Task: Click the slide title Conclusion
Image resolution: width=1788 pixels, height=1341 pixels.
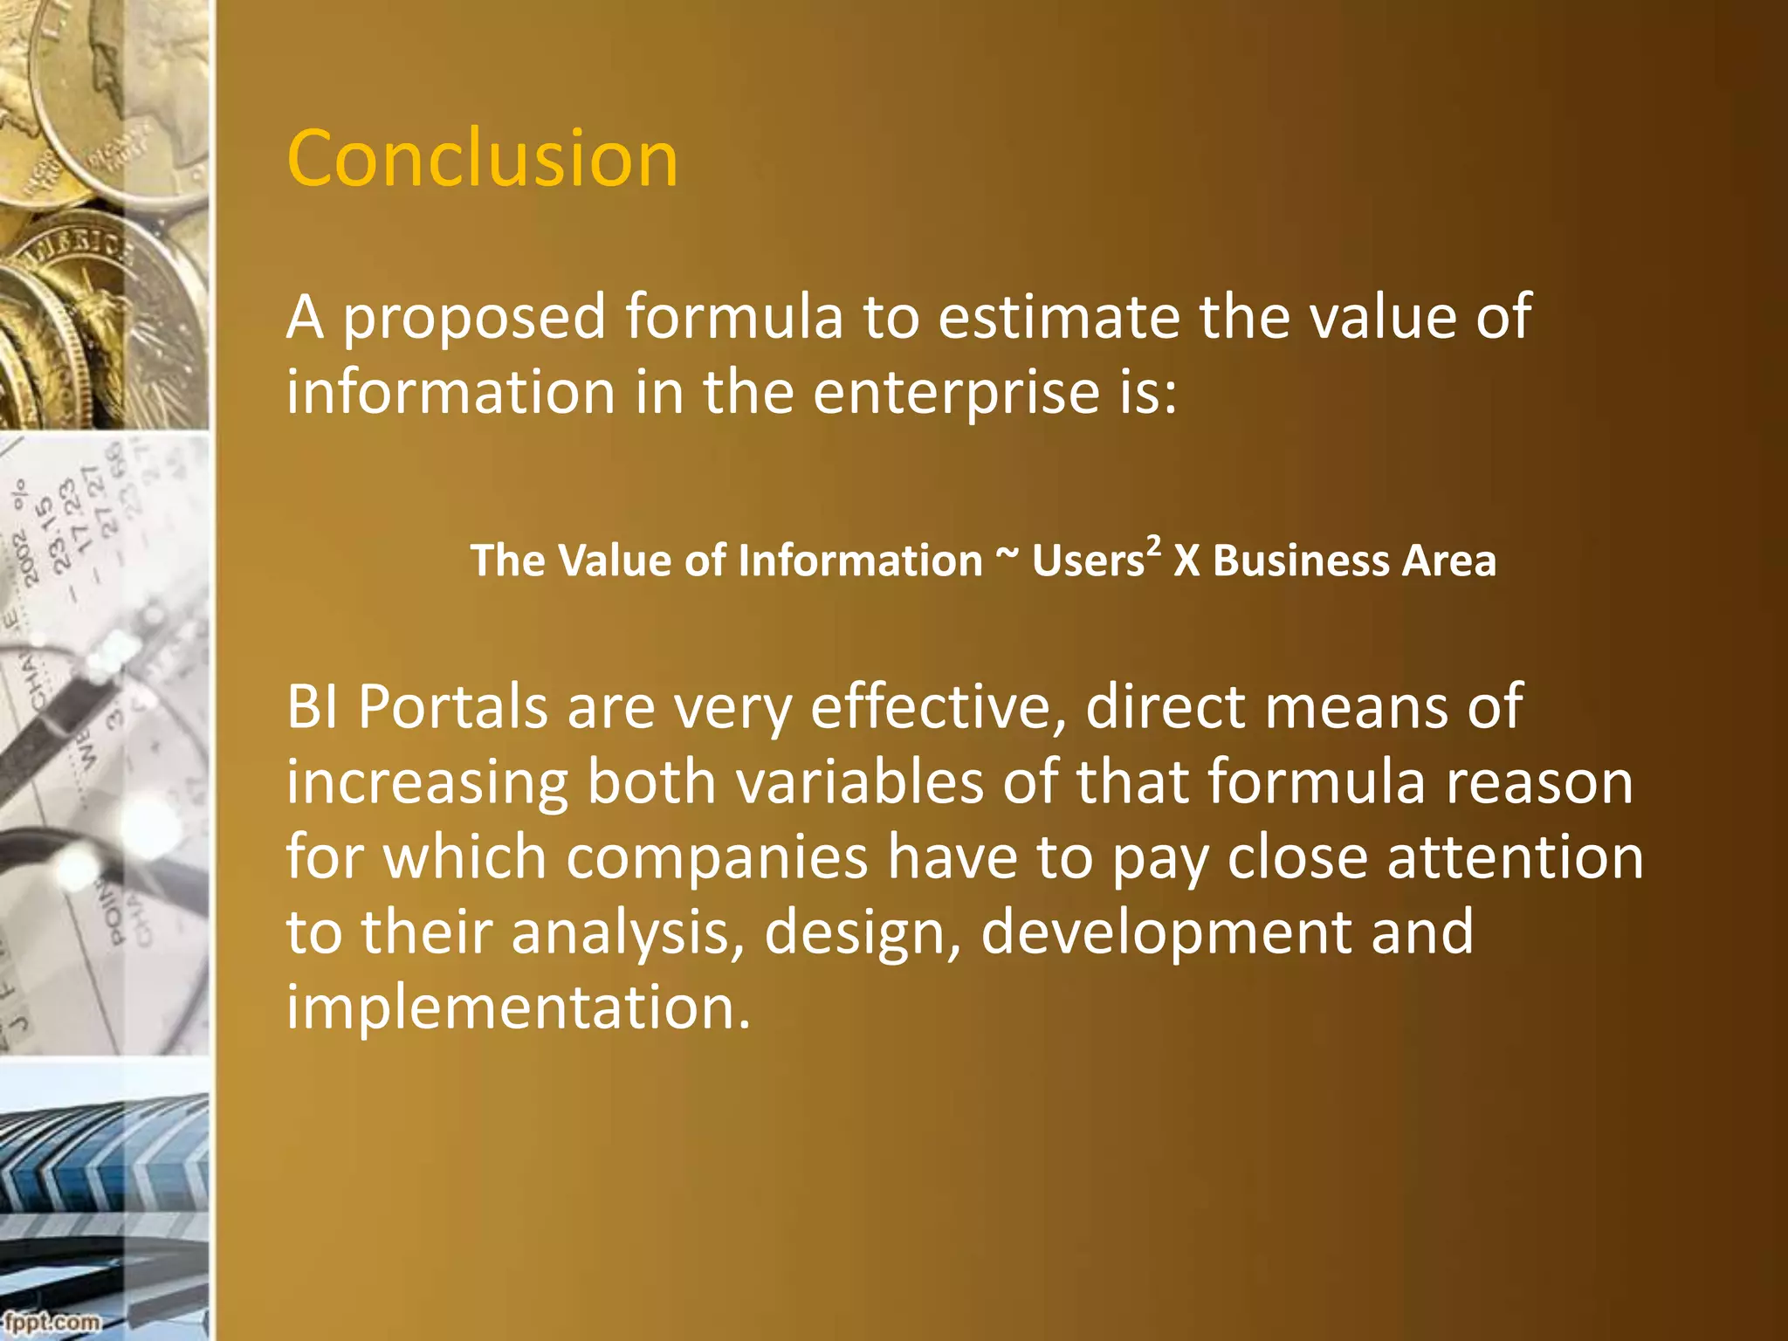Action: [x=482, y=159]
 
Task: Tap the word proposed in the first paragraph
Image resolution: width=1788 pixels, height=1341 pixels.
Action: [x=473, y=318]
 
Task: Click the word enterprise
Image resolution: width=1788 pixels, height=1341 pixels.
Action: [x=956, y=394]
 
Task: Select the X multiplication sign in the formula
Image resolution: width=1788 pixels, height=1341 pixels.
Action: [x=1186, y=560]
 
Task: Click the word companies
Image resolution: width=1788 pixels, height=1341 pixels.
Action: [x=717, y=857]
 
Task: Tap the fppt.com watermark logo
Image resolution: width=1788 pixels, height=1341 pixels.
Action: [x=50, y=1322]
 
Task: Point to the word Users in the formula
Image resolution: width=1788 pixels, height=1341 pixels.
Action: [x=1088, y=560]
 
